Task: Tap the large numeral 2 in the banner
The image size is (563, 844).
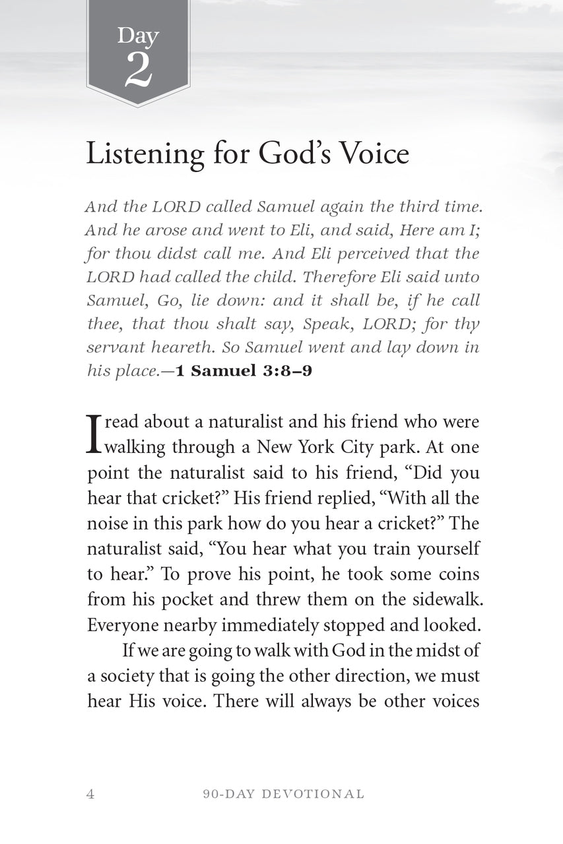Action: pos(138,71)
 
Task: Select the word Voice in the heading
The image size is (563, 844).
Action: pos(375,153)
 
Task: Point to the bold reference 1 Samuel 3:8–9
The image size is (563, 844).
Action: pos(244,371)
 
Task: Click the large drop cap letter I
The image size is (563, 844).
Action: pos(94,433)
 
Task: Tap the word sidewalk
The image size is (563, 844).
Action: pos(443,599)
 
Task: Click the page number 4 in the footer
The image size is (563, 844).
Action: pos(90,794)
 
